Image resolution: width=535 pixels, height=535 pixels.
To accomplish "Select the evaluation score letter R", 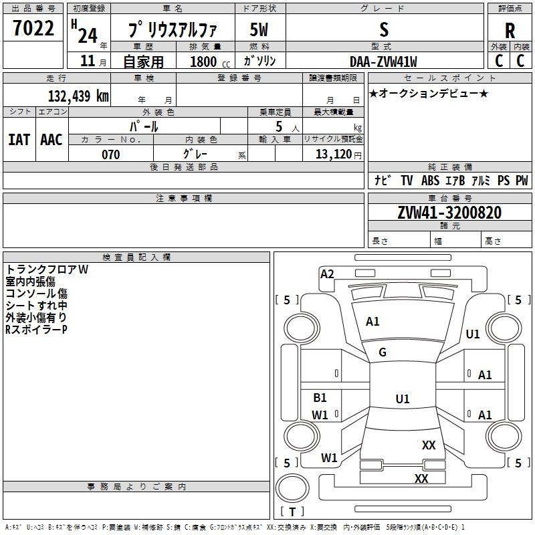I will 510,31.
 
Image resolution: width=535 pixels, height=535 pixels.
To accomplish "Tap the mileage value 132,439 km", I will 78,96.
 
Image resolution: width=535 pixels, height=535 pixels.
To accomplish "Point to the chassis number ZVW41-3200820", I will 449,213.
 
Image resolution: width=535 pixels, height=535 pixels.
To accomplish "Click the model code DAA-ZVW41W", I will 383,62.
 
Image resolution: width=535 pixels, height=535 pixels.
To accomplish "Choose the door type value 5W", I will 259,30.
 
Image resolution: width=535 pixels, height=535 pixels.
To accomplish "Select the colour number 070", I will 110,154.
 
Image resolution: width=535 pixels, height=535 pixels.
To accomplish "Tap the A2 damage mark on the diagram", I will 327,274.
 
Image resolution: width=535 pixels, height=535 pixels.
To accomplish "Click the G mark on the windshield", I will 383,352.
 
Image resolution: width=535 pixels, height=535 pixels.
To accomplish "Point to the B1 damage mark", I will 320,398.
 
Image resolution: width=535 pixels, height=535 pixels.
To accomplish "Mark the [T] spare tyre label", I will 292,512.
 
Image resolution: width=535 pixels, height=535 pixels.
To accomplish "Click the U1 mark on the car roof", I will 402,399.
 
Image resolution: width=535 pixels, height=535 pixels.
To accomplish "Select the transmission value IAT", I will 19,139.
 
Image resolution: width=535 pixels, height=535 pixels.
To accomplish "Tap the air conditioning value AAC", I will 51,139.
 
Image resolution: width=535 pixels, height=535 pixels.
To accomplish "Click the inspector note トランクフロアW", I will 47,270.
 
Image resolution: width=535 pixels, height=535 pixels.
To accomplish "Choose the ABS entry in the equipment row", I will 430,181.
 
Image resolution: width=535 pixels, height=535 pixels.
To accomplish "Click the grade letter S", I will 383,30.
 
